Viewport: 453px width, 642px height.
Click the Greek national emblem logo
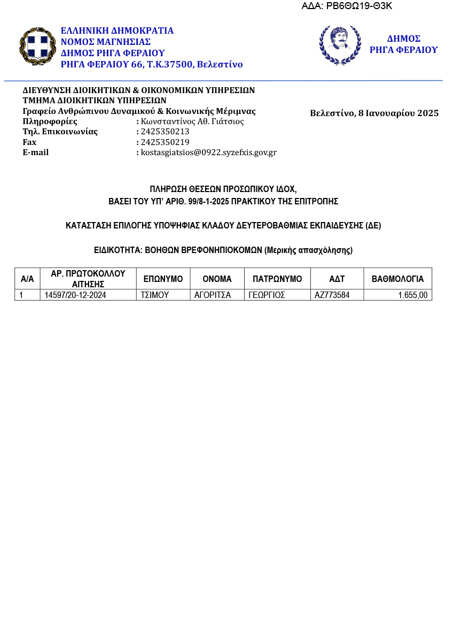click(37, 47)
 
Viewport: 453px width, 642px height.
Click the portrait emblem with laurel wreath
click(340, 45)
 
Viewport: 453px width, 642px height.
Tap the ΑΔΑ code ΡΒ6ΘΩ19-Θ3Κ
click(347, 6)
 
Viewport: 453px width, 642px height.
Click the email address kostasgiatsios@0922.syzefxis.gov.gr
click(208, 152)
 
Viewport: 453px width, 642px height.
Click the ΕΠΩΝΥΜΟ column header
click(163, 279)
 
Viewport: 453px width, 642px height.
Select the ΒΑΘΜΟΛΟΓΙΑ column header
click(397, 279)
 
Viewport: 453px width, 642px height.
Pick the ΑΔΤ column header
click(337, 279)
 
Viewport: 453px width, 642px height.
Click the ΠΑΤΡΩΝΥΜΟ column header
click(277, 279)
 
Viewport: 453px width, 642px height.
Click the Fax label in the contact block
click(29, 142)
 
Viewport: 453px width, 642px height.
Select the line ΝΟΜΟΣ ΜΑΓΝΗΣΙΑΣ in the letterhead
click(106, 42)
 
